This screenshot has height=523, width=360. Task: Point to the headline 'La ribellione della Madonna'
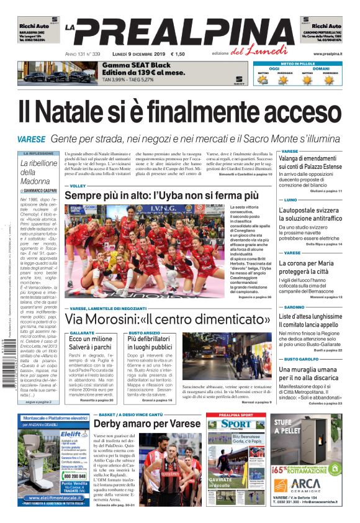tap(38, 172)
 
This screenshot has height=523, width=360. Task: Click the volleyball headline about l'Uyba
tap(166, 196)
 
